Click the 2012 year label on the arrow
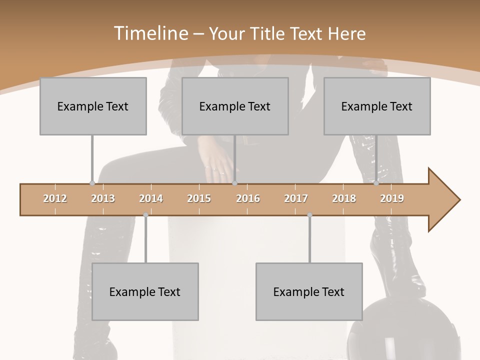click(55, 198)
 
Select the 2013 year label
click(103, 198)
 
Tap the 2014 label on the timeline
click(151, 198)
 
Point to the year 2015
click(199, 198)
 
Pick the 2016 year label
click(248, 198)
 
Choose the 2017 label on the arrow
click(296, 198)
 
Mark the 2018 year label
click(344, 198)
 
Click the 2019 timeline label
click(392, 198)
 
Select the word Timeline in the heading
click(150, 33)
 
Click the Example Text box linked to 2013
click(93, 106)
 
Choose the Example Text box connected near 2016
click(235, 106)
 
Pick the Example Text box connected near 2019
click(377, 106)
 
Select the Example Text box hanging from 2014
click(145, 291)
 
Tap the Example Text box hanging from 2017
click(309, 291)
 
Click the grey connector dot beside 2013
click(92, 183)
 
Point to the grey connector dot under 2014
click(145, 215)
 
